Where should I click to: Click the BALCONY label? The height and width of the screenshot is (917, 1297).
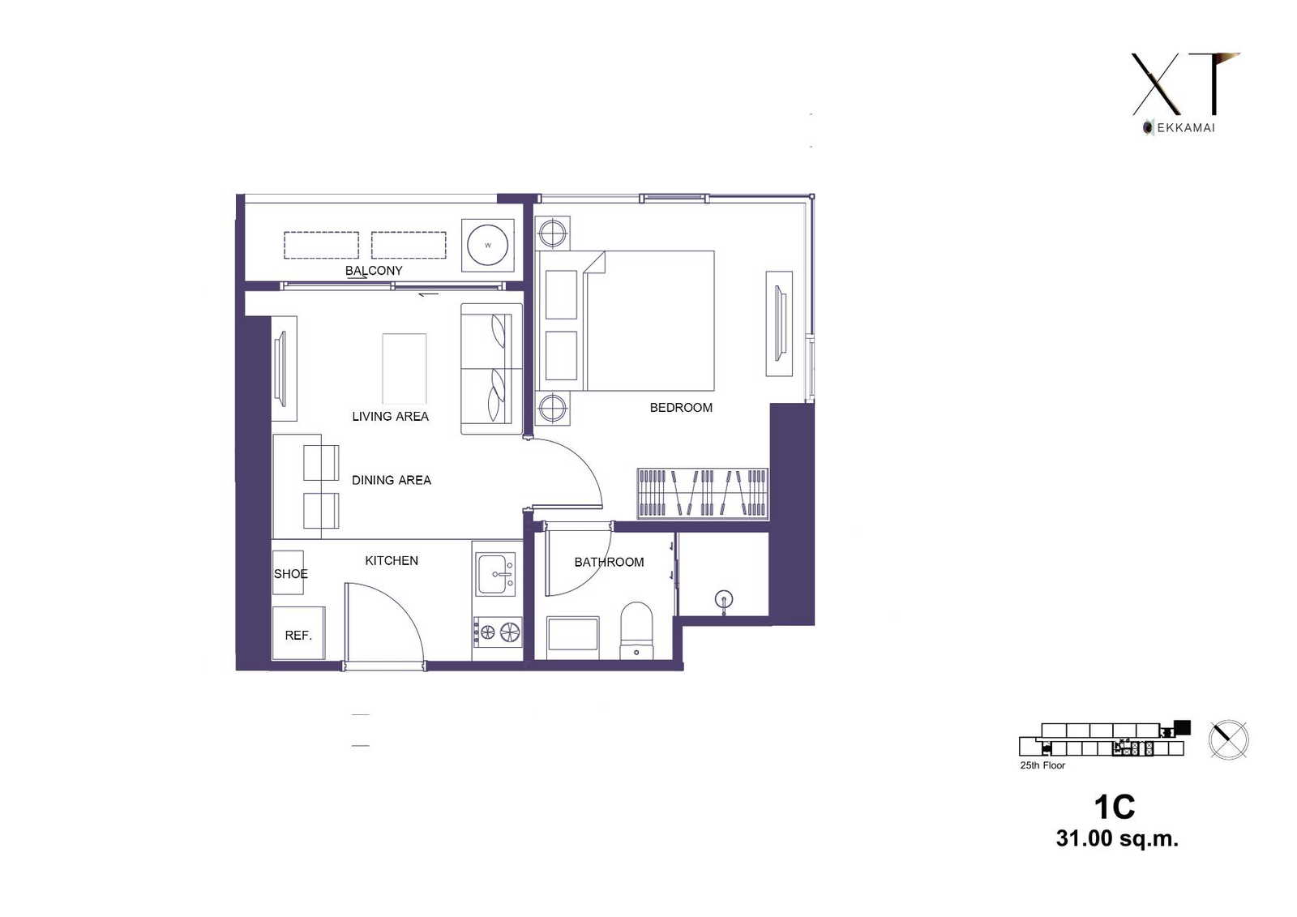coord(374,271)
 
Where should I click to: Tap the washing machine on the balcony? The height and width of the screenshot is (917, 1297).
coord(487,245)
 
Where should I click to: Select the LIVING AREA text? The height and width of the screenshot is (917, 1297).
coord(390,416)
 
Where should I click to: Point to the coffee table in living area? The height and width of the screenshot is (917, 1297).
coord(405,368)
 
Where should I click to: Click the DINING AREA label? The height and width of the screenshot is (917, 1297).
coord(392,480)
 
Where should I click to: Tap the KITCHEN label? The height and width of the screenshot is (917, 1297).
coord(392,560)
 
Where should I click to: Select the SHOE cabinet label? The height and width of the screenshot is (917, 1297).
coord(291,573)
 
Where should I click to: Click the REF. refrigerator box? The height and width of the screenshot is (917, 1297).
coord(298,633)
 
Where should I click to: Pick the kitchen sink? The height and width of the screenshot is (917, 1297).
coord(495,574)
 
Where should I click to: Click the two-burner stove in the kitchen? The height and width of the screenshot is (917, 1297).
coord(498,632)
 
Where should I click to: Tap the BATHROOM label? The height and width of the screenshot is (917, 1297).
coord(609,562)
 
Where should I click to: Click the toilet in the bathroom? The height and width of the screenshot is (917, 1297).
coord(636,630)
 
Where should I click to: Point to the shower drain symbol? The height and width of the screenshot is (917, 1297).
coord(724,599)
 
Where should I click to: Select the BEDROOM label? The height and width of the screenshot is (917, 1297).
coord(681,407)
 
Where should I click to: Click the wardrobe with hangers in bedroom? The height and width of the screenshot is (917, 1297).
coord(703,492)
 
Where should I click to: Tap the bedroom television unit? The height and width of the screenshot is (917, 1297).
coord(779,324)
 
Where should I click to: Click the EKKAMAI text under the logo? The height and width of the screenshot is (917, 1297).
coord(1186,128)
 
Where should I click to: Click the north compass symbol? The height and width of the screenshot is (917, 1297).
coord(1228,739)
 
